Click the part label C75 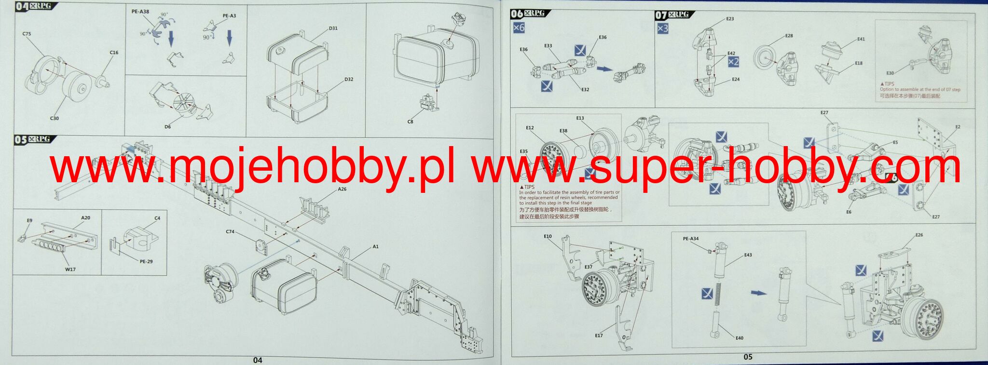(27, 34)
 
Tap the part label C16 (114, 53)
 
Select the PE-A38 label (140, 12)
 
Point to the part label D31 (333, 28)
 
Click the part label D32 (349, 80)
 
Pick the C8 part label (410, 122)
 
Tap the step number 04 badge (21, 7)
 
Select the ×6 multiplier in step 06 (519, 27)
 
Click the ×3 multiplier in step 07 (663, 28)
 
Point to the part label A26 (342, 189)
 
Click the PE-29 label (146, 262)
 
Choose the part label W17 (70, 270)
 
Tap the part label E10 (548, 237)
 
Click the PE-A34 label (690, 239)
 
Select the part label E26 (919, 235)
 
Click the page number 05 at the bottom (748, 357)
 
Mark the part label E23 (730, 19)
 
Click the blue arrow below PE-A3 (230, 38)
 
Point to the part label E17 (599, 336)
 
